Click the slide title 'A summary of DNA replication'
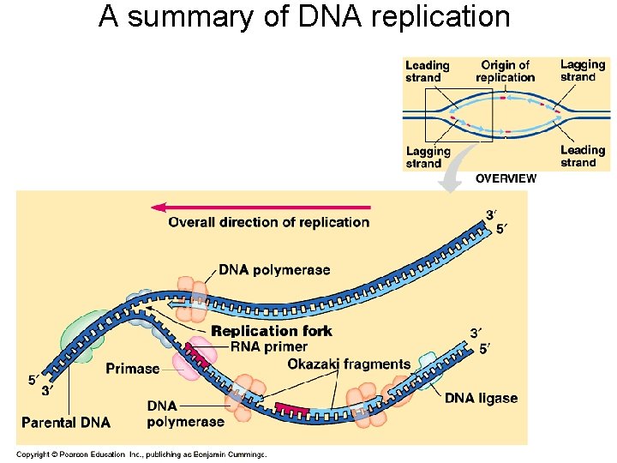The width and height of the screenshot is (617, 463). pyautogui.click(x=304, y=16)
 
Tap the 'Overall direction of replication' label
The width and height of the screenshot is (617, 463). pyautogui.click(x=269, y=222)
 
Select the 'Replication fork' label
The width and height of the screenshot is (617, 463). pyautogui.click(x=272, y=331)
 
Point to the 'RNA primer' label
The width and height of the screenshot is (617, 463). pyautogui.click(x=269, y=347)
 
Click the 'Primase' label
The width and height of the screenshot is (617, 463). pyautogui.click(x=133, y=369)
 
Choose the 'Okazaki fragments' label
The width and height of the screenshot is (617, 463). pyautogui.click(x=349, y=364)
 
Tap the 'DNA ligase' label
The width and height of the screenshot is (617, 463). pyautogui.click(x=481, y=399)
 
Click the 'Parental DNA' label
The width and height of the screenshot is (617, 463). pyautogui.click(x=66, y=422)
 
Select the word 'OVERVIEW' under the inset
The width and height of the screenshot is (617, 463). pyautogui.click(x=506, y=179)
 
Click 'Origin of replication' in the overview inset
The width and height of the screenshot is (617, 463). pyautogui.click(x=506, y=71)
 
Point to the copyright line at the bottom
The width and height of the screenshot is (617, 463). pyautogui.click(x=142, y=454)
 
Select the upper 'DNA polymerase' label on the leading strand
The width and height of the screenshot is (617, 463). pyautogui.click(x=274, y=270)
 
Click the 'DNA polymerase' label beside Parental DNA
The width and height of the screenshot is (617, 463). pyautogui.click(x=173, y=413)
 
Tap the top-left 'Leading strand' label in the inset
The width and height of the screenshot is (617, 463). pyautogui.click(x=428, y=71)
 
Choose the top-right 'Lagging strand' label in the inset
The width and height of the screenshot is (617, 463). pyautogui.click(x=583, y=70)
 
